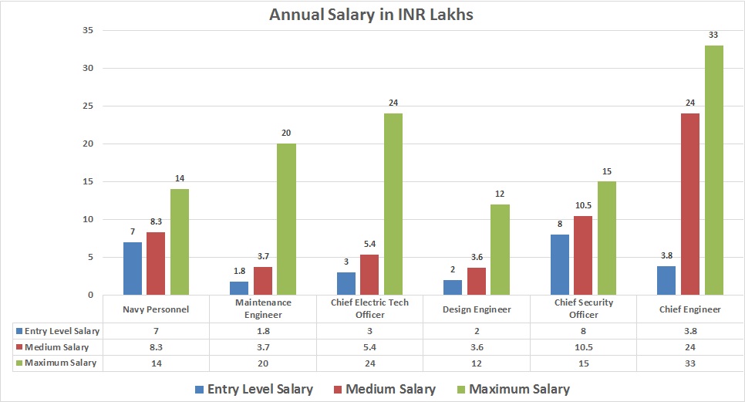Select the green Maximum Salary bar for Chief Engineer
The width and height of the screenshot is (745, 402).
tap(713, 170)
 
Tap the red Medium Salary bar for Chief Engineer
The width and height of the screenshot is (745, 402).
tap(689, 204)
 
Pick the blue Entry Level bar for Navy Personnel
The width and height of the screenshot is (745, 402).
tap(133, 268)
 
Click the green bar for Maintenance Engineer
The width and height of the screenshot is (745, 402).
tap(286, 219)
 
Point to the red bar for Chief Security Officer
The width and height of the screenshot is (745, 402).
tap(582, 255)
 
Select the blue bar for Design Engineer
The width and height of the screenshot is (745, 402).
tap(453, 287)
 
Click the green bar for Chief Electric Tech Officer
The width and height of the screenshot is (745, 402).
tap(393, 204)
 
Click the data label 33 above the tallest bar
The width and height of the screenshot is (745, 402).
tap(713, 35)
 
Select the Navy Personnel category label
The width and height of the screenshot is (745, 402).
tap(157, 309)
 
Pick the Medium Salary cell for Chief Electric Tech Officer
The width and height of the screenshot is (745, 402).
tap(370, 346)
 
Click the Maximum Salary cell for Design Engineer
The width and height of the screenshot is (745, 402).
tap(477, 363)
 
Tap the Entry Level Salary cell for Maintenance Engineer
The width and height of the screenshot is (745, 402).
tap(263, 330)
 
